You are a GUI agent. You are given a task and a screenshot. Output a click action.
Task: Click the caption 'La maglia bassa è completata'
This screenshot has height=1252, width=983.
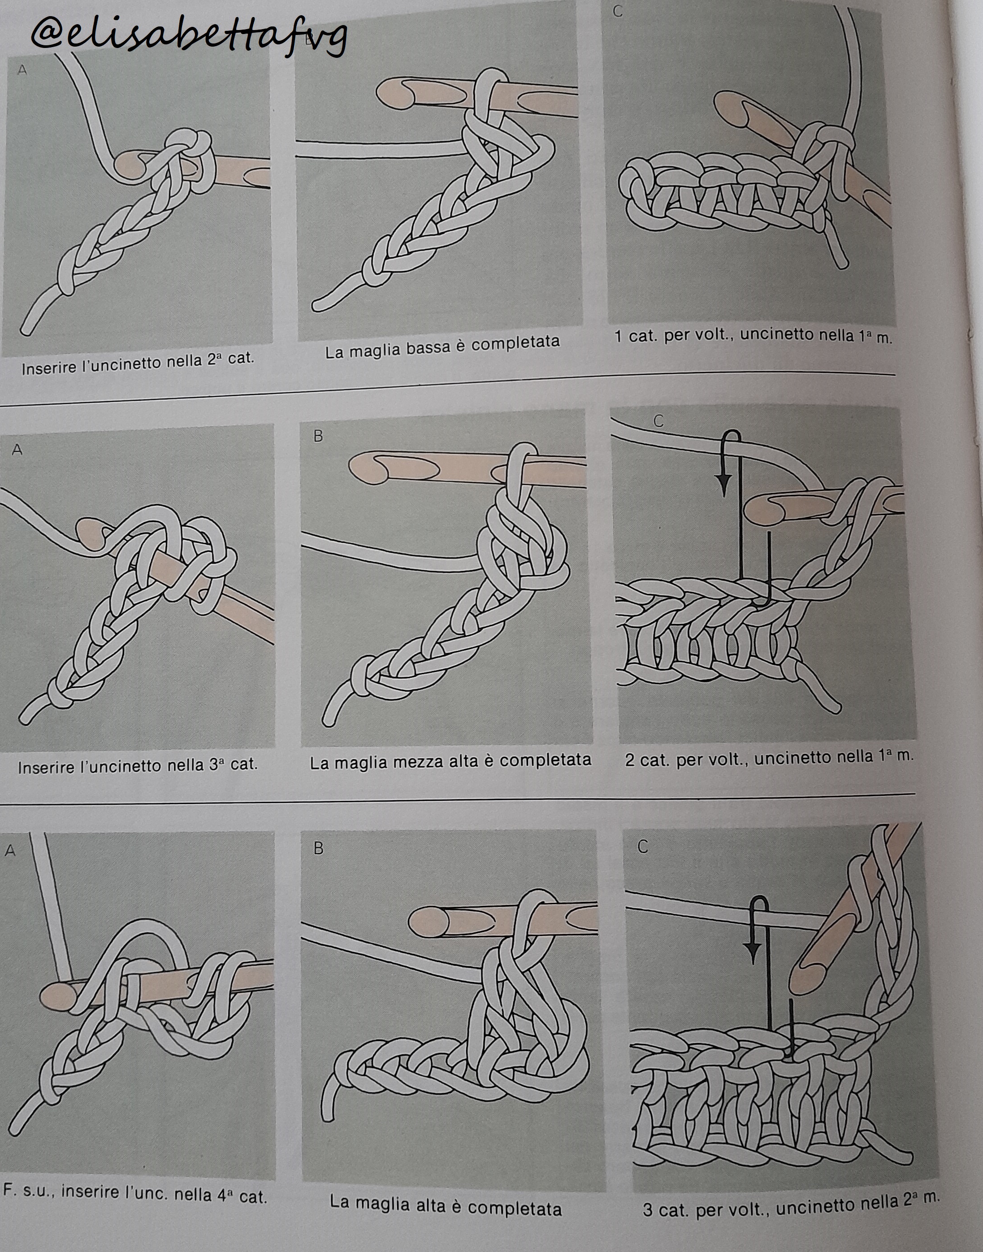(442, 347)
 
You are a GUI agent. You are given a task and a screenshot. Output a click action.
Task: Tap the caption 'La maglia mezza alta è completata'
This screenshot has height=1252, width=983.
(450, 762)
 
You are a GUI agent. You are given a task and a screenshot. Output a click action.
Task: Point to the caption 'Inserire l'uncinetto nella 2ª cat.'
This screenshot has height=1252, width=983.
(138, 363)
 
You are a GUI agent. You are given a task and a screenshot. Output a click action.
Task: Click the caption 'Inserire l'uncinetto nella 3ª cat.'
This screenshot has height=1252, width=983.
(138, 766)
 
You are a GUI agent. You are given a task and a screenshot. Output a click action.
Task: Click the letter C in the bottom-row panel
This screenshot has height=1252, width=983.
(643, 847)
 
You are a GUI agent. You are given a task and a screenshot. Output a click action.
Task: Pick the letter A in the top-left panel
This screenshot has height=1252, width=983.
(23, 70)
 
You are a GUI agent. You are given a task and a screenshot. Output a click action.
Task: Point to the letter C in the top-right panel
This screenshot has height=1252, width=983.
(618, 12)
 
